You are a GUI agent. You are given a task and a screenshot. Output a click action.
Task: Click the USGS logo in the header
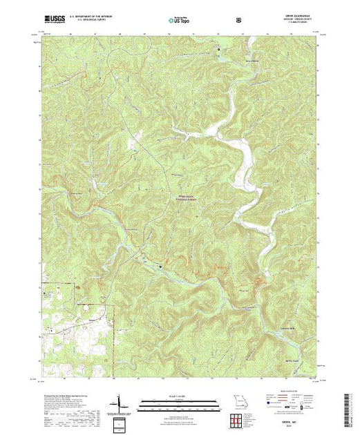tap(55, 21)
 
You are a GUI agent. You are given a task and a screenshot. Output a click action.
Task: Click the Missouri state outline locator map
tap(240, 403)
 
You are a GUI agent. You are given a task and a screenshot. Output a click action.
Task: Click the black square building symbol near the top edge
tap(220, 50)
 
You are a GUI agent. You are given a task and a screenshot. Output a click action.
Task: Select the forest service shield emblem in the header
tap(239, 21)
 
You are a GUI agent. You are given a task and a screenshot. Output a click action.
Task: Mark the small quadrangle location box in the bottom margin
tap(122, 423)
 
